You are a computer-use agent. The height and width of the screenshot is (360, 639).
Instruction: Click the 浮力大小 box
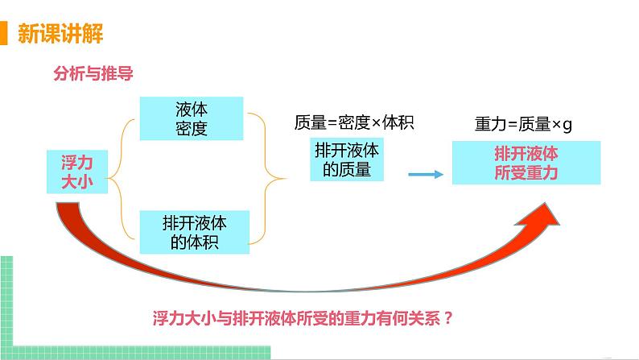(x=78, y=172)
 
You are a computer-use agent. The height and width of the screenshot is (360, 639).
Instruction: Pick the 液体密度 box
(x=192, y=118)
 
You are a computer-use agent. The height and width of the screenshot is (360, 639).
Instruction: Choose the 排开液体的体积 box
(x=195, y=231)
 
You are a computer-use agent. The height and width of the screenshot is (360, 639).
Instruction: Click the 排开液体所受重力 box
(x=526, y=163)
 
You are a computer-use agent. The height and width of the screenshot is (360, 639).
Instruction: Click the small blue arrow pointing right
(x=427, y=174)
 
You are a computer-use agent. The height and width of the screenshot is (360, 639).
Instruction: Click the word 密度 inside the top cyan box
(x=192, y=127)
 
